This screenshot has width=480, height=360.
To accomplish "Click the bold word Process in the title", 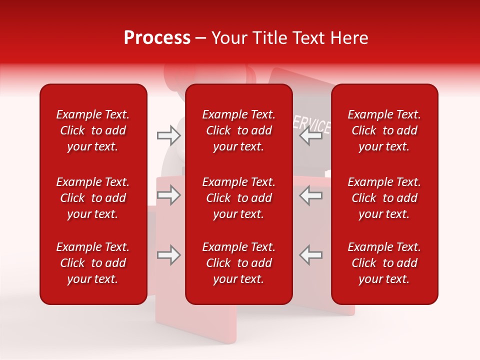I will click(x=157, y=38).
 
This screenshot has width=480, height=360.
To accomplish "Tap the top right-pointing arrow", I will click(x=169, y=135).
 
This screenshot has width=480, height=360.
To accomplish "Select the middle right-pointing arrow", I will click(x=169, y=195).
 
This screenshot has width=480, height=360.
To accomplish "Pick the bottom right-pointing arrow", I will click(x=169, y=255).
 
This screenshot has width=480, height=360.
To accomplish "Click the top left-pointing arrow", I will click(x=311, y=135).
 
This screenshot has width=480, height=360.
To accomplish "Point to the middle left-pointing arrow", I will click(x=311, y=195).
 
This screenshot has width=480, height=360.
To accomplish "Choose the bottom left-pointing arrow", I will click(x=311, y=255).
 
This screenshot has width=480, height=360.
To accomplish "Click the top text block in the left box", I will click(x=93, y=130).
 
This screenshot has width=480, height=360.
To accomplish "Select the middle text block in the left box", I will click(x=93, y=198).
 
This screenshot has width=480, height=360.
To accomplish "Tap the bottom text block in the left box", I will click(x=93, y=263).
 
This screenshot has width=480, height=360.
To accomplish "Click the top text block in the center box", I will click(x=238, y=130).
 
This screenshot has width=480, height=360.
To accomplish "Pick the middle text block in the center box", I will click(x=238, y=198).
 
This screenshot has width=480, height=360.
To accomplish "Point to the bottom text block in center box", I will click(x=238, y=263).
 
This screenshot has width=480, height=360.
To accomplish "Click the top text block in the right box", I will click(x=384, y=130).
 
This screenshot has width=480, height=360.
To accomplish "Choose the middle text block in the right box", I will click(x=384, y=198).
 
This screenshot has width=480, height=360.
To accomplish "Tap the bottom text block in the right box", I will click(x=384, y=263).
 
